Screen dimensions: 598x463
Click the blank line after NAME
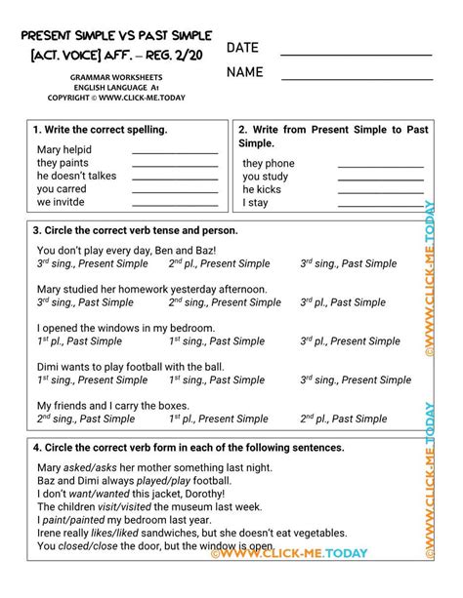tap(356, 78)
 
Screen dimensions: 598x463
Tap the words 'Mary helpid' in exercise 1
tap(63, 149)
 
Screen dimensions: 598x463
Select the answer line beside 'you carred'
tap(175, 190)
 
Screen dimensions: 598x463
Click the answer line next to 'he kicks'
tap(380, 191)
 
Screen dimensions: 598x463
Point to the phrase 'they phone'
tap(269, 163)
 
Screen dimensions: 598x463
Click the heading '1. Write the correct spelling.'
tap(100, 129)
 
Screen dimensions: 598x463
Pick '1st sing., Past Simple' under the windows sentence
tap(215, 341)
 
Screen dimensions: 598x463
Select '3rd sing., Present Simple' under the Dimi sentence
tap(356, 380)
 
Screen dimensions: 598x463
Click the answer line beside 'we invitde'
tap(175, 204)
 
